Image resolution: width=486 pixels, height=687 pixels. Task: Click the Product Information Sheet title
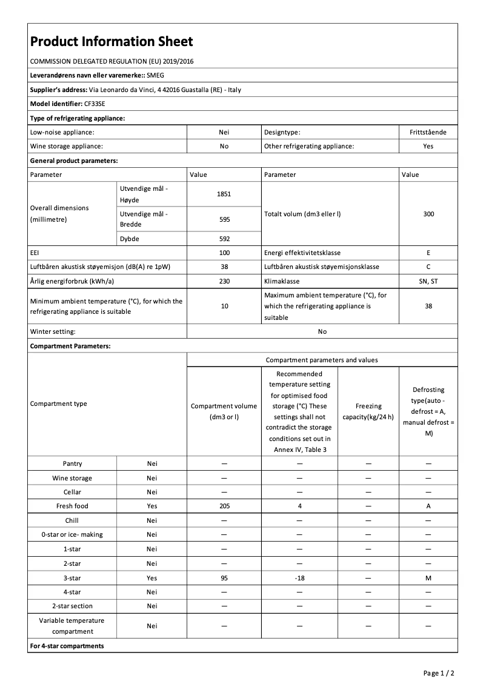coord(112,42)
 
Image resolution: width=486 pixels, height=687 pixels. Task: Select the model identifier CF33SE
coord(95,104)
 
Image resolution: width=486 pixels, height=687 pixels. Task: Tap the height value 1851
coord(224,194)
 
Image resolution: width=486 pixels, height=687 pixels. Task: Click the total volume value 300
coord(428,214)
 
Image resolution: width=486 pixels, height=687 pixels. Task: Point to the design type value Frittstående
coord(428,131)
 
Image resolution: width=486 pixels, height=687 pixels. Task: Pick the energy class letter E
coord(428,253)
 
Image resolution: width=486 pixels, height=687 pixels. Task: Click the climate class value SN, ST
coord(428,282)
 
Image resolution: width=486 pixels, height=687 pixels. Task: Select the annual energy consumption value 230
coord(224,282)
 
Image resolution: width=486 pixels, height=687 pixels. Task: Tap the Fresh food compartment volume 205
coord(224,506)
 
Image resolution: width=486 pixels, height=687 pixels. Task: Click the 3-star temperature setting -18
coord(299,579)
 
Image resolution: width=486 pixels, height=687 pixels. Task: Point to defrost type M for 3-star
coord(428,579)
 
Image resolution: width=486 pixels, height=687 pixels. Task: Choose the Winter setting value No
coord(322,331)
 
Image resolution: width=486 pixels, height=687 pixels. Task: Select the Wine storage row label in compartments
coord(72,478)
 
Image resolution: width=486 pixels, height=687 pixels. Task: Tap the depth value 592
coord(224,239)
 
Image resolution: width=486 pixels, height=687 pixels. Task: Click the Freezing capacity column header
coord(368,411)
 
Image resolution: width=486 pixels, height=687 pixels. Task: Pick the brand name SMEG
coord(156,75)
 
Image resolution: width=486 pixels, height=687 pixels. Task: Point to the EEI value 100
coord(224,253)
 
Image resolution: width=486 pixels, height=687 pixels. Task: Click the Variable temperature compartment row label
coord(72,626)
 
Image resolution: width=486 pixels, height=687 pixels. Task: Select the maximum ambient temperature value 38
coord(428,306)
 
